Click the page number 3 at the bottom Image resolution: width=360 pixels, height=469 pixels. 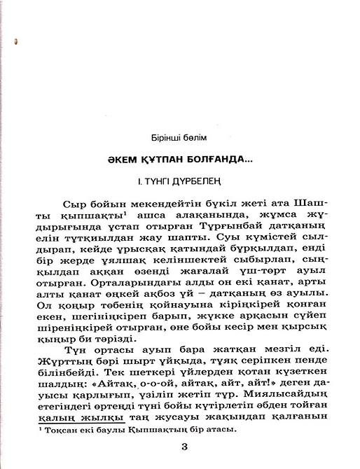tap(184, 448)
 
